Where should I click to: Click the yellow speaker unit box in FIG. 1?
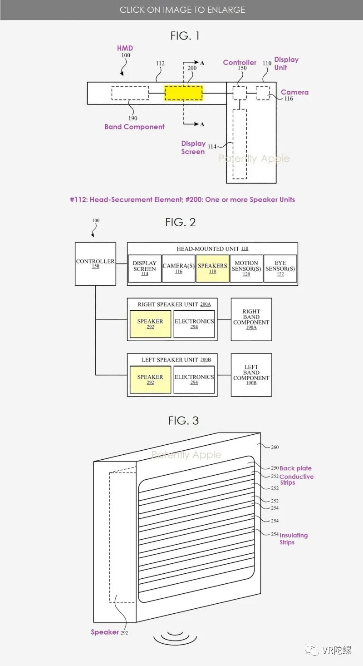(183, 93)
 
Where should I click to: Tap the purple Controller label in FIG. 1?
(240, 62)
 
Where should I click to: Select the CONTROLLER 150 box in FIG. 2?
(95, 263)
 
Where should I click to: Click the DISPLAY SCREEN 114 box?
(145, 268)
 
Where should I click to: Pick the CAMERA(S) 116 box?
(179, 268)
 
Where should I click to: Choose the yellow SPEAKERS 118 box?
(212, 268)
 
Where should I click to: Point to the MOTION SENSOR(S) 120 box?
(246, 268)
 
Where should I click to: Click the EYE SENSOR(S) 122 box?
(280, 268)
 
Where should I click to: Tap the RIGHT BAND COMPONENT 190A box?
(251, 319)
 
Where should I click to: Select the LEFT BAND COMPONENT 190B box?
(251, 375)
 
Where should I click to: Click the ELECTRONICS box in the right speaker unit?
(194, 324)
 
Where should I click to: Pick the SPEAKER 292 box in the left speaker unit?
(150, 380)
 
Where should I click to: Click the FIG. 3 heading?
(183, 421)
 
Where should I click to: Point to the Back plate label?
(295, 468)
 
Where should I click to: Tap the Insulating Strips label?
(293, 538)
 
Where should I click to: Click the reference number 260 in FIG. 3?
(275, 447)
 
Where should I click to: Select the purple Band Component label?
(134, 127)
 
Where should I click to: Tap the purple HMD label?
(125, 48)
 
